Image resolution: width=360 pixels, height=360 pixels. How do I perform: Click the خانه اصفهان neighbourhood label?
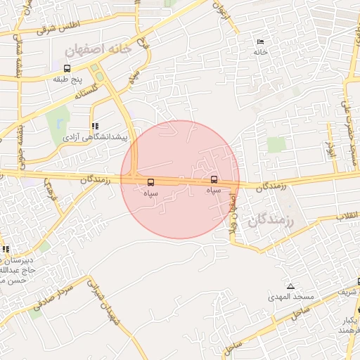coord(97,50)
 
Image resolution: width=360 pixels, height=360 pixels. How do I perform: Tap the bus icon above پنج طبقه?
coord(67,68)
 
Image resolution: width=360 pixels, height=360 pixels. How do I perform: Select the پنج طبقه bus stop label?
coord(68,79)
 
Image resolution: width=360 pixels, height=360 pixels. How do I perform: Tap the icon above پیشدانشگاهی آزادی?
coord(95,126)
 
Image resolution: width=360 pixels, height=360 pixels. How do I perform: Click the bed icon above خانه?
coord(261,41)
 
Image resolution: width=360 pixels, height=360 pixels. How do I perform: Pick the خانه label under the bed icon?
coord(260,52)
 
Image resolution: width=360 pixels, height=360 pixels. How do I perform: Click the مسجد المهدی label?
coord(290,297)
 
